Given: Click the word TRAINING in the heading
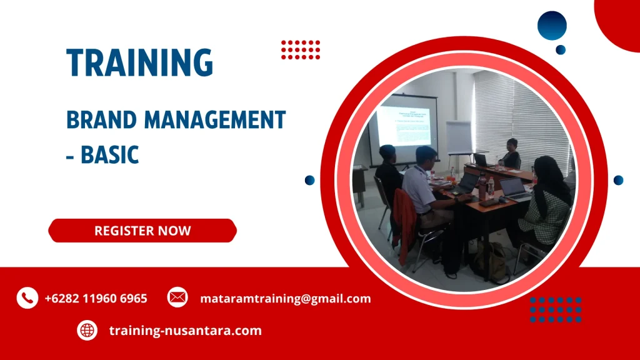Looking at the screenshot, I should (140, 62).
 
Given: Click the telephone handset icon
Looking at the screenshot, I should (27, 298).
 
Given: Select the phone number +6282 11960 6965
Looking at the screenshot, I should (96, 299).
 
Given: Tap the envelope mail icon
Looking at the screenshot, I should (177, 297).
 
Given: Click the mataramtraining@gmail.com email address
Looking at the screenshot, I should (286, 299).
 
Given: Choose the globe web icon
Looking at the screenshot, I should (87, 330).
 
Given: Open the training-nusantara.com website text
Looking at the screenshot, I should (185, 331).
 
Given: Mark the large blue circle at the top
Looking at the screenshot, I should (552, 26).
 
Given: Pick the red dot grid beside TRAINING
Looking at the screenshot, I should (301, 49).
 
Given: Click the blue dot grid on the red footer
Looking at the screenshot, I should (556, 309).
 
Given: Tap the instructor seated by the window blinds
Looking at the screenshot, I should (511, 154).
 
